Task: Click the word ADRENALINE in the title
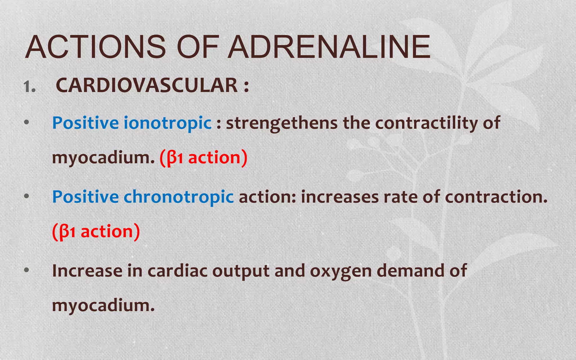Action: pos(329,47)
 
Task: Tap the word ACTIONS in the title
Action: pos(96,47)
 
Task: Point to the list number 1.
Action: pos(30,87)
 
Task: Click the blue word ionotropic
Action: pos(168,123)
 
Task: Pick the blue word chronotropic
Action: pos(179,197)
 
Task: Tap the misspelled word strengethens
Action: pos(282,123)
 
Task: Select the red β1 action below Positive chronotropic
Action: pos(96,231)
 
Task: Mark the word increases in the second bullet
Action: pos(340,197)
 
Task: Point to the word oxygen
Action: pos(341,271)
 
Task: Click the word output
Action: pos(241,271)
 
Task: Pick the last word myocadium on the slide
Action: pos(103,305)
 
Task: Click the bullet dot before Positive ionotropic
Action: pos(27,122)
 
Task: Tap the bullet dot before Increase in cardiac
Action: pos(27,270)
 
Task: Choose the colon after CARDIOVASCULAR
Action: pos(246,86)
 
